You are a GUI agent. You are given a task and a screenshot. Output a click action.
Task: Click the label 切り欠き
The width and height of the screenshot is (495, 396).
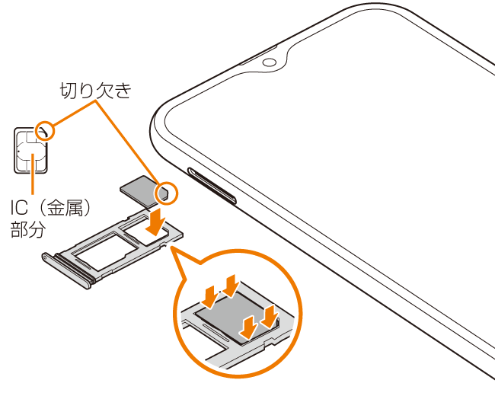[x=96, y=91]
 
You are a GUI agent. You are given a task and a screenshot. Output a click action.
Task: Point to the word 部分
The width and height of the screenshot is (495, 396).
[x=28, y=229]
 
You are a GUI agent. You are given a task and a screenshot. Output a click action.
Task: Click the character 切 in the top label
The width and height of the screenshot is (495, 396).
[x=69, y=91]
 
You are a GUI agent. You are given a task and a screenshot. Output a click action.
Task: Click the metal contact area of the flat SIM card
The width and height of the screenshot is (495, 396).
[x=31, y=154]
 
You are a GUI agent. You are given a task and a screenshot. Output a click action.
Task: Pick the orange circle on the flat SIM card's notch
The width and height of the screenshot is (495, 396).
[x=44, y=130]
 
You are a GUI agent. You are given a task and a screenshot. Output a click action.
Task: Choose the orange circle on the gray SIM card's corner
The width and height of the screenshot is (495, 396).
[x=167, y=193]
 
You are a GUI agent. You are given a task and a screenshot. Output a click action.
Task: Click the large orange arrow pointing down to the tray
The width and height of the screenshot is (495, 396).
[x=156, y=222]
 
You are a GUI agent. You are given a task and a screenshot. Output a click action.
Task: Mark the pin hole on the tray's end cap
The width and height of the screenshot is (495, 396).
[x=46, y=257]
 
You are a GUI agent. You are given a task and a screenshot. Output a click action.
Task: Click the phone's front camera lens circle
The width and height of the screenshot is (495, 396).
[x=269, y=62]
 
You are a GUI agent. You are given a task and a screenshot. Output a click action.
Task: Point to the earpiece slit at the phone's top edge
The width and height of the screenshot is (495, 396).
[x=258, y=56]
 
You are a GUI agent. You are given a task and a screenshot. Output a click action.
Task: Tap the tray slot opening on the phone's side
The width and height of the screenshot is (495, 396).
[x=212, y=186]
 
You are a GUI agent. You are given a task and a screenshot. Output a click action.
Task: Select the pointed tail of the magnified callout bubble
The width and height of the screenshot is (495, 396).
[x=173, y=248]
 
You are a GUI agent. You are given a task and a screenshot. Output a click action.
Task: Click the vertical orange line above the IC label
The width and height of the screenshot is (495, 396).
[x=33, y=174]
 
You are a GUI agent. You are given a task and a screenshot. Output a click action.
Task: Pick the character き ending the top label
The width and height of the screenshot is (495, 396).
[x=123, y=91]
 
